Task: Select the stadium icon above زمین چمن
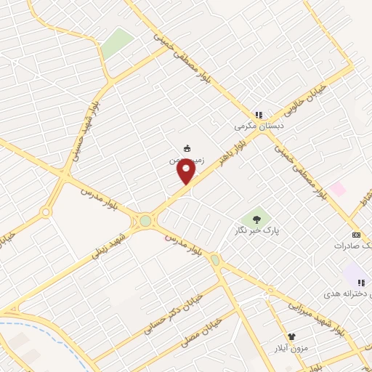[187, 148]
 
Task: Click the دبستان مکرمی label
[258, 125]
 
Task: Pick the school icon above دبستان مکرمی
[259, 114]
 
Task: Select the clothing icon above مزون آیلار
[292, 337]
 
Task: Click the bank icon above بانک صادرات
[355, 235]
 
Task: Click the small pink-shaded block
[337, 189]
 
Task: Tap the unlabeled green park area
[116, 44]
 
